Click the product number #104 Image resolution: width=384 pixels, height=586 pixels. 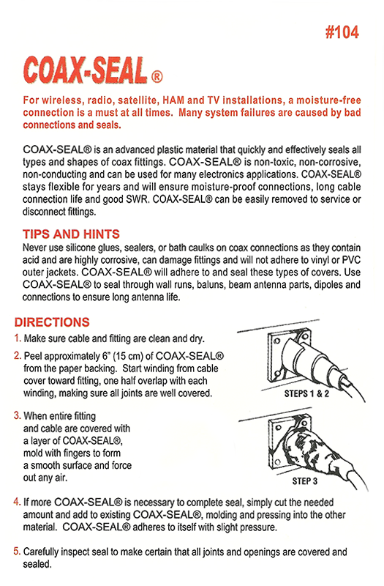[342, 32]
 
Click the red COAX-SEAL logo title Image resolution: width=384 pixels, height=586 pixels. [85, 70]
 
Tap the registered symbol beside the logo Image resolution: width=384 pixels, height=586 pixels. [157, 77]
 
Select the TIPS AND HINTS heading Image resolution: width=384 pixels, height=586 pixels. [71, 234]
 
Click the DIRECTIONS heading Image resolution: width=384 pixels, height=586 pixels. [52, 322]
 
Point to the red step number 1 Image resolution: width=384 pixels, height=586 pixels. [17, 338]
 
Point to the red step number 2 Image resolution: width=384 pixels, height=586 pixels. [17, 355]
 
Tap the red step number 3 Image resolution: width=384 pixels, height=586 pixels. [17, 415]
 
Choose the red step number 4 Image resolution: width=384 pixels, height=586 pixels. [17, 502]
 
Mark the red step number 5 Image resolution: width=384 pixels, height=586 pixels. [17, 552]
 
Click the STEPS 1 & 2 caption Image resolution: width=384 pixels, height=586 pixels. [306, 393]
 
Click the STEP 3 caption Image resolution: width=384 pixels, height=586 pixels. [304, 481]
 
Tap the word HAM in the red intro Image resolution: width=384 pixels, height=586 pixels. [173, 100]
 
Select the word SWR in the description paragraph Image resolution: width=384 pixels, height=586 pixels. [138, 199]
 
